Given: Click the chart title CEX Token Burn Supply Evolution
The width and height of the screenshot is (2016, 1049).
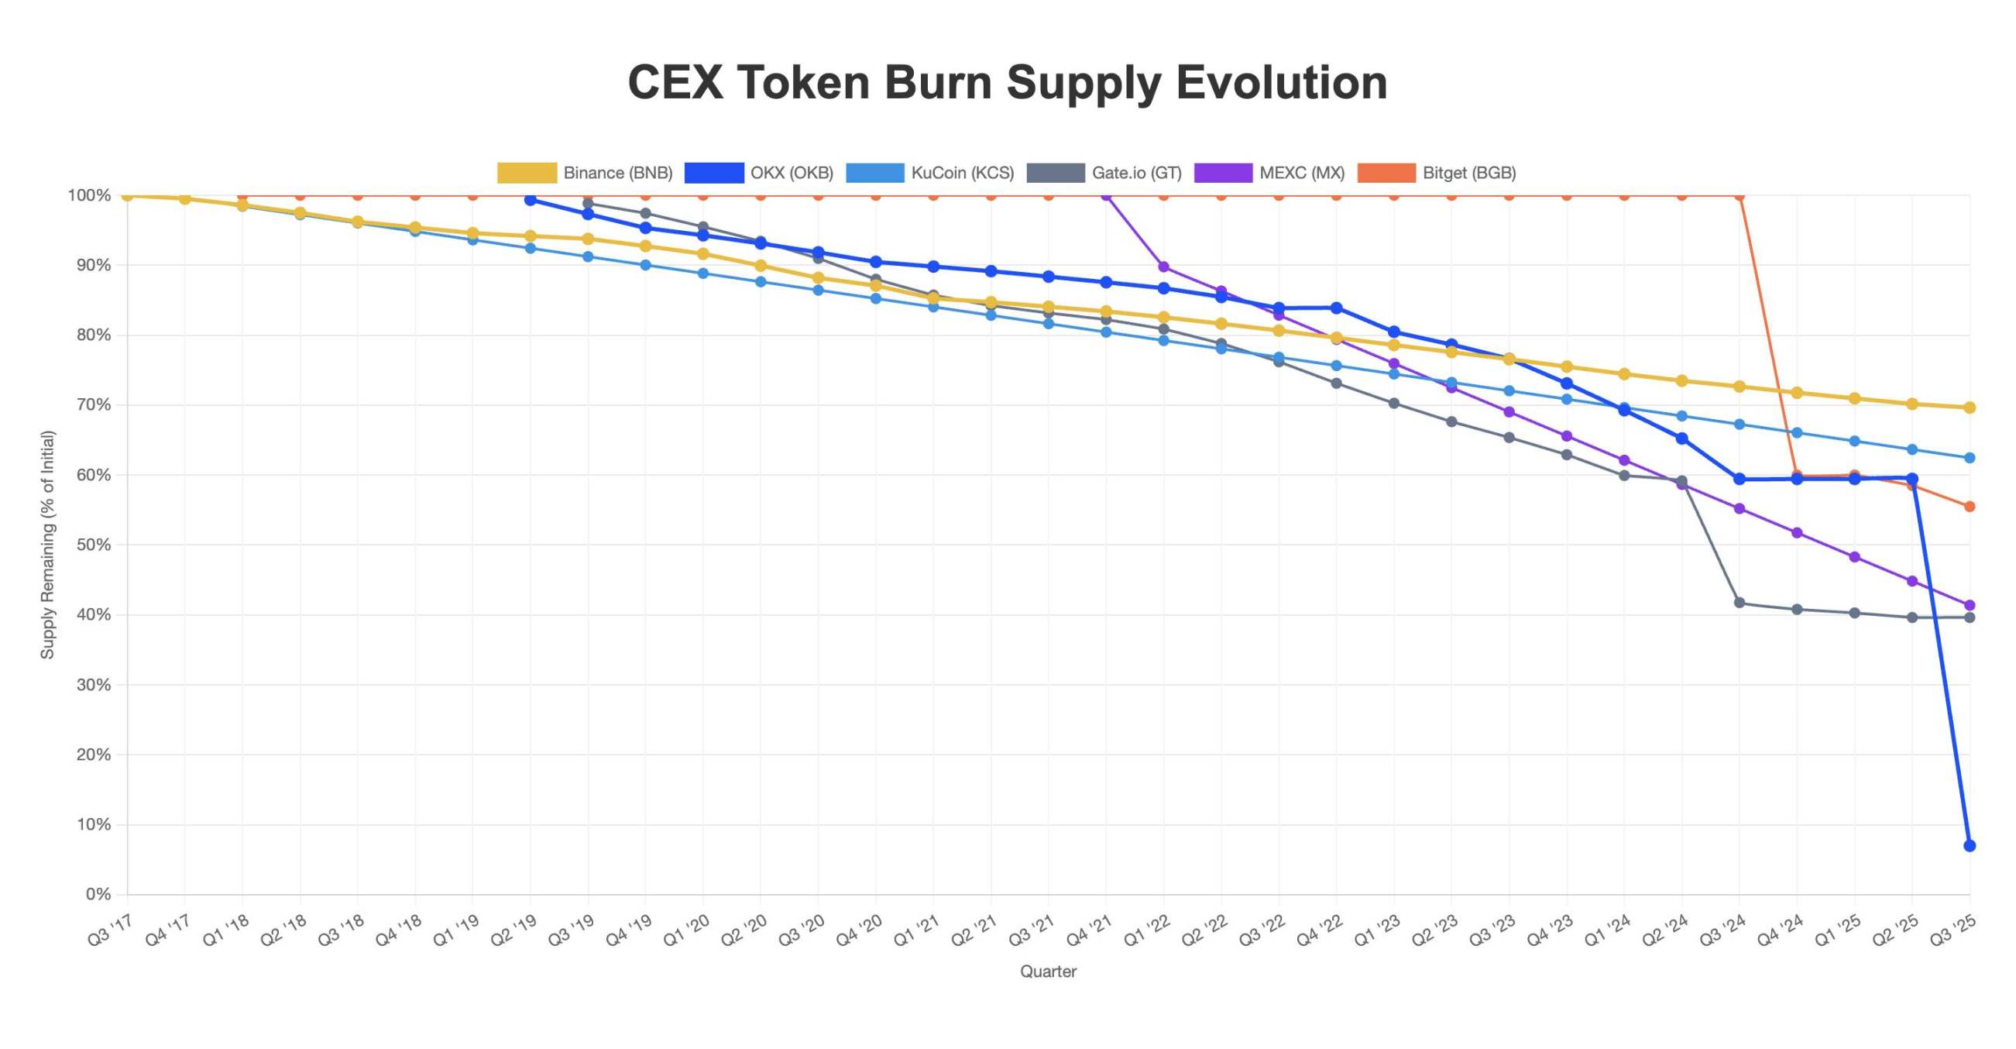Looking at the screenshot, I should (x=1007, y=82).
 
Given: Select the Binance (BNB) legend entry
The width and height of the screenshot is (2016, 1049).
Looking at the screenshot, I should (x=586, y=173).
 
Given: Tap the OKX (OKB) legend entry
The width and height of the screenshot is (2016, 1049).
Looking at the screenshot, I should (x=759, y=173).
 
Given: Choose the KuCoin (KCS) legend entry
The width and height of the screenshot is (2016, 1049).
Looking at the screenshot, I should (x=930, y=173).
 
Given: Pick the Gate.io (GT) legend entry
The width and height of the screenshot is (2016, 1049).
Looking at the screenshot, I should (x=1104, y=173).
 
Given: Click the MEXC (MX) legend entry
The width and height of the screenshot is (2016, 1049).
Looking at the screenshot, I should (x=1269, y=173).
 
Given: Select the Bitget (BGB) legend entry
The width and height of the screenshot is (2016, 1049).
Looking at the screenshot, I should (x=1437, y=173).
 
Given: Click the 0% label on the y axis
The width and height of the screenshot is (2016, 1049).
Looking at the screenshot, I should (x=98, y=894).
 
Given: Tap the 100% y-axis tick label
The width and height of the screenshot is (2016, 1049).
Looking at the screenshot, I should (x=89, y=196).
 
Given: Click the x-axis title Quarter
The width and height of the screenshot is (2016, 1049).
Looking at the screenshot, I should (x=1048, y=972).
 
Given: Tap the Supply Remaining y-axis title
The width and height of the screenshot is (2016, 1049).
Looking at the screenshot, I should (x=48, y=545).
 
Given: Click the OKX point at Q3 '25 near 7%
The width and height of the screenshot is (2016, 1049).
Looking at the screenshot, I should (x=1970, y=845).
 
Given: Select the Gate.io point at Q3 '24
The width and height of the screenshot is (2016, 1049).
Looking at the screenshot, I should (x=1740, y=603).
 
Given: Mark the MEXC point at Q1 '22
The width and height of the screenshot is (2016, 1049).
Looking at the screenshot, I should (x=1164, y=267).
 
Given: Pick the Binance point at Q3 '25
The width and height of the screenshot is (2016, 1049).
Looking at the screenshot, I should (x=1970, y=408).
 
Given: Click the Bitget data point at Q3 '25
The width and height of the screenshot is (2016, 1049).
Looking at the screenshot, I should (x=1970, y=507).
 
